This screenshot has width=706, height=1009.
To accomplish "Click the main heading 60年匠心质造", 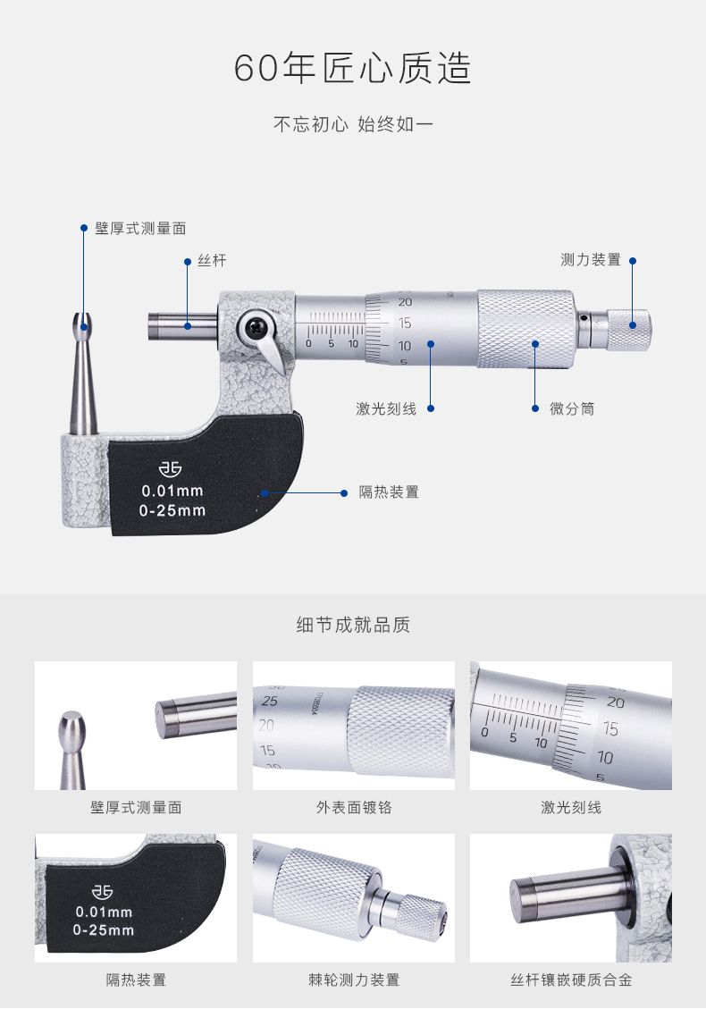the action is [353, 68].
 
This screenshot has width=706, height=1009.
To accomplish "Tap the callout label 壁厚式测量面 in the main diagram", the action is [140, 229].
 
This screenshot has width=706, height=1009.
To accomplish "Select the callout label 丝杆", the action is [212, 261].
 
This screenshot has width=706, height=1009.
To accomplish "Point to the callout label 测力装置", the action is [590, 260].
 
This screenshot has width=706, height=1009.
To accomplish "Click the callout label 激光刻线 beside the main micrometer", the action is [386, 408].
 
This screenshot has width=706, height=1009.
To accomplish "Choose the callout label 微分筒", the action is [571, 408].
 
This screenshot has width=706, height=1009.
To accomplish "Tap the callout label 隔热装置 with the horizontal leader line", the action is [389, 492].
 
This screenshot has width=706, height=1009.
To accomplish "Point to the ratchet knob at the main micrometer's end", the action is [629, 330].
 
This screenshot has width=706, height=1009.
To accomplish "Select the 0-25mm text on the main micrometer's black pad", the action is [172, 510].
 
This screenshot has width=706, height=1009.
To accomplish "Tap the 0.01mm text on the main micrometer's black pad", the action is [172, 491].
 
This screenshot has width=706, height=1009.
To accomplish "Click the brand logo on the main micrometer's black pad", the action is [171, 468].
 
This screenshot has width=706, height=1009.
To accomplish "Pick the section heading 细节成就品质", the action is [353, 624].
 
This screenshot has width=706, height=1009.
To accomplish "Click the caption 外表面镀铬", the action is [353, 807].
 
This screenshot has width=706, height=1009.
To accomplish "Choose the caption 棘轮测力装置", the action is [353, 980].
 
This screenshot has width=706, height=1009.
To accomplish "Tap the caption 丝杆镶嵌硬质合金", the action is [571, 980].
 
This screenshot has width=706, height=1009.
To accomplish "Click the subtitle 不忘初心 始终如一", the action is [353, 123].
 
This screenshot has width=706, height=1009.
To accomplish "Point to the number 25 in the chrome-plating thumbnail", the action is [270, 701].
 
